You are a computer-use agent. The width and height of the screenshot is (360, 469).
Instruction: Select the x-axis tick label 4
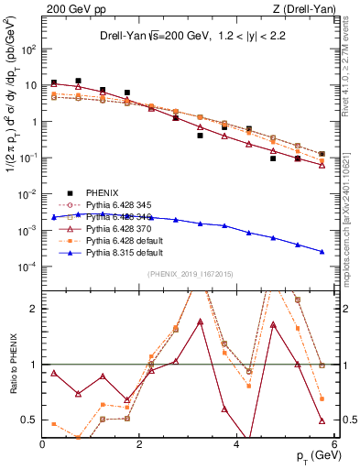pyautogui.click(x=237, y=445)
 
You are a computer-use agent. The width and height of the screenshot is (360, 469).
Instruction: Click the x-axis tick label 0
pyautogui.click(x=43, y=445)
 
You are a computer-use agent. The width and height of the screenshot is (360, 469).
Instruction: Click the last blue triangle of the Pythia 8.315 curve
pyautogui.click(x=322, y=252)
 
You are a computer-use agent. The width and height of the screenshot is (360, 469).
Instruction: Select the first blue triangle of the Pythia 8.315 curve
pyautogui.click(x=54, y=217)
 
